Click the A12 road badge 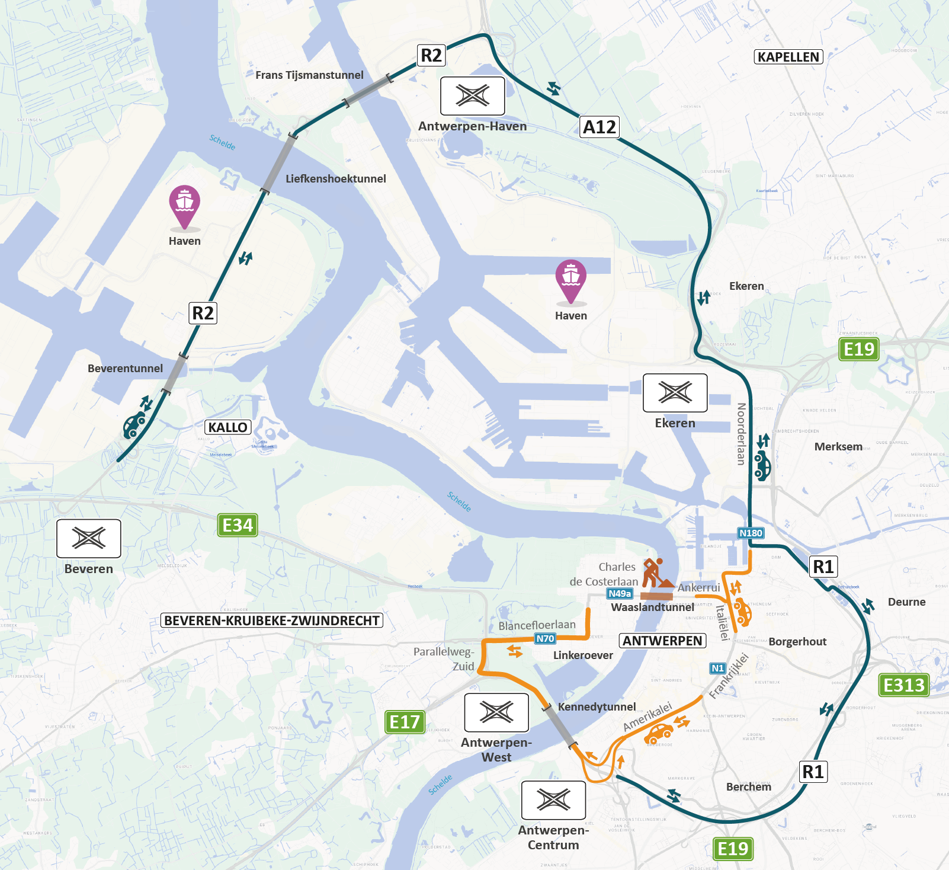point(599,127)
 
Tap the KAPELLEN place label point(788,57)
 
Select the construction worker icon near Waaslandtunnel point(656,572)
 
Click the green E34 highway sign point(238,525)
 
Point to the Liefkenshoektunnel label point(335,179)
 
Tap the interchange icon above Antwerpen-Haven point(473,96)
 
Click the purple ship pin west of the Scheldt point(184,204)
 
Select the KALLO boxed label point(227,427)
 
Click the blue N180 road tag point(751,533)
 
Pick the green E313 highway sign point(903,685)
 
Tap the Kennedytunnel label point(597,706)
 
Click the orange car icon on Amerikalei point(658,734)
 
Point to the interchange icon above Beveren point(89,538)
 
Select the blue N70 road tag point(545,638)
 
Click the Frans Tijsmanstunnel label point(309,75)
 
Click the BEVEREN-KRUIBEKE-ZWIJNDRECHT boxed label point(272,620)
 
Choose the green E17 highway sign point(405,722)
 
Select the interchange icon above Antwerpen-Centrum point(553,800)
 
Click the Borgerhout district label point(797,642)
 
